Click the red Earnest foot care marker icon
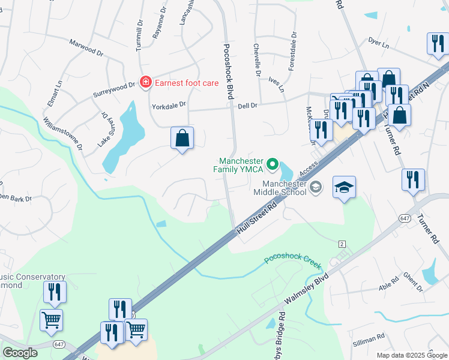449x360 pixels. (145, 82)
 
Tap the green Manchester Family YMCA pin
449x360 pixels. (273, 163)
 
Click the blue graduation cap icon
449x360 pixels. (344, 188)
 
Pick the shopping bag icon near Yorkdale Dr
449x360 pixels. (182, 138)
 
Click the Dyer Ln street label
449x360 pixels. (379, 43)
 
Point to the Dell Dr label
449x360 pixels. (247, 105)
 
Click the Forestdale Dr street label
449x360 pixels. (292, 51)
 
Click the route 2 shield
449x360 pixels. (342, 244)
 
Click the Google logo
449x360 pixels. (20, 353)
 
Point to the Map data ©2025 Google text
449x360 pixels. (411, 355)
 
